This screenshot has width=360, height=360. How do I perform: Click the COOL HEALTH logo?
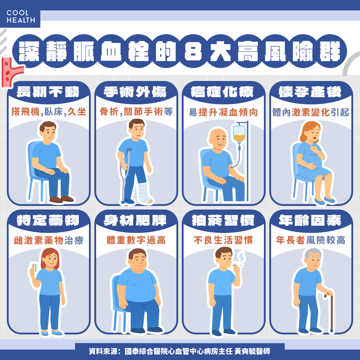tap(21, 17)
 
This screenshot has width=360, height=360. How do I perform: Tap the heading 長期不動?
tap(48, 92)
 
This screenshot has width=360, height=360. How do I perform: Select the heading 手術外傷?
tap(135, 92)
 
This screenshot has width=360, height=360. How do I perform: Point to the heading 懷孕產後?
tap(310, 92)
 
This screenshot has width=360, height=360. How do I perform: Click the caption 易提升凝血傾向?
tap(223, 112)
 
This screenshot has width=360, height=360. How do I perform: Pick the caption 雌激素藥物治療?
tap(49, 240)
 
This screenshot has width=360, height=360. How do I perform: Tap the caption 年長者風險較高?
tap(311, 240)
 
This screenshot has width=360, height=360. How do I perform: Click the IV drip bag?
tap(239, 133)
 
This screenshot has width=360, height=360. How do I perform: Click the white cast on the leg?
tap(145, 193)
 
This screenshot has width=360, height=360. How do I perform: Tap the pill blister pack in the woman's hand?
tap(34, 267)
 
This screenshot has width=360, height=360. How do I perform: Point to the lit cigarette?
tap(237, 266)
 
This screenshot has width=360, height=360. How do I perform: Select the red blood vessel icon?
tap(10, 73)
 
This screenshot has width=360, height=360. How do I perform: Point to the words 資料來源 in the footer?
tap(102, 351)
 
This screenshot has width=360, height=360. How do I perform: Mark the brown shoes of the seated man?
tap(62, 199)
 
